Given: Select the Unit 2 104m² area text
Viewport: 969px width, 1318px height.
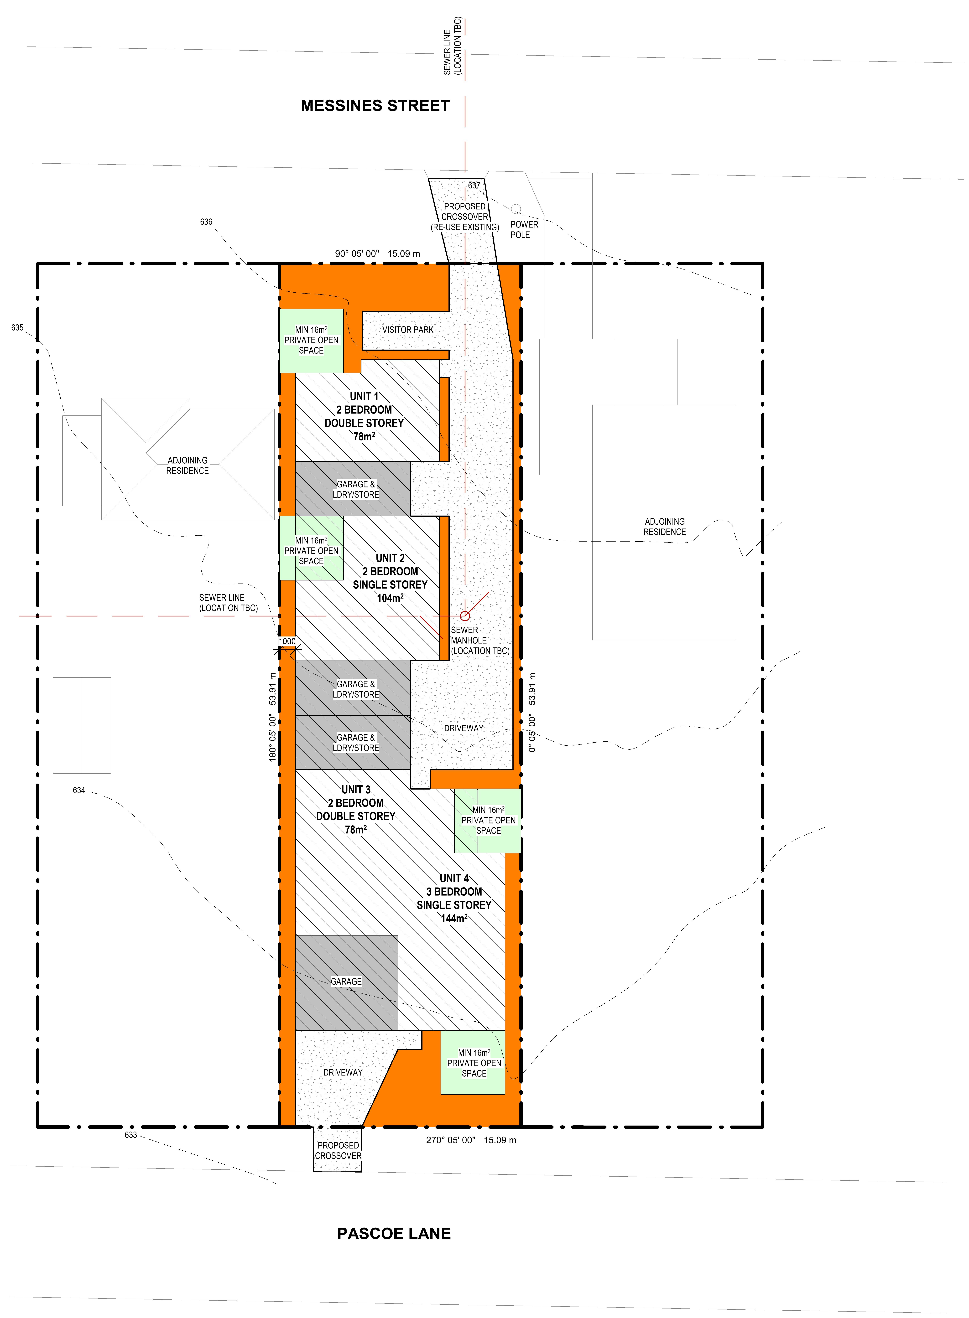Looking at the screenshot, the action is [x=390, y=598].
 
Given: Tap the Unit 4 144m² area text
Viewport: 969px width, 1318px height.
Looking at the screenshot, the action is [x=454, y=918].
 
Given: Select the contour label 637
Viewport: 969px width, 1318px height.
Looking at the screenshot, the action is [x=474, y=185].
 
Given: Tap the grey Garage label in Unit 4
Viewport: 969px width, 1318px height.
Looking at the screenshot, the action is [x=346, y=982].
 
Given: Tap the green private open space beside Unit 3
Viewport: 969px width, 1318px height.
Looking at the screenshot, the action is [x=487, y=820].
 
